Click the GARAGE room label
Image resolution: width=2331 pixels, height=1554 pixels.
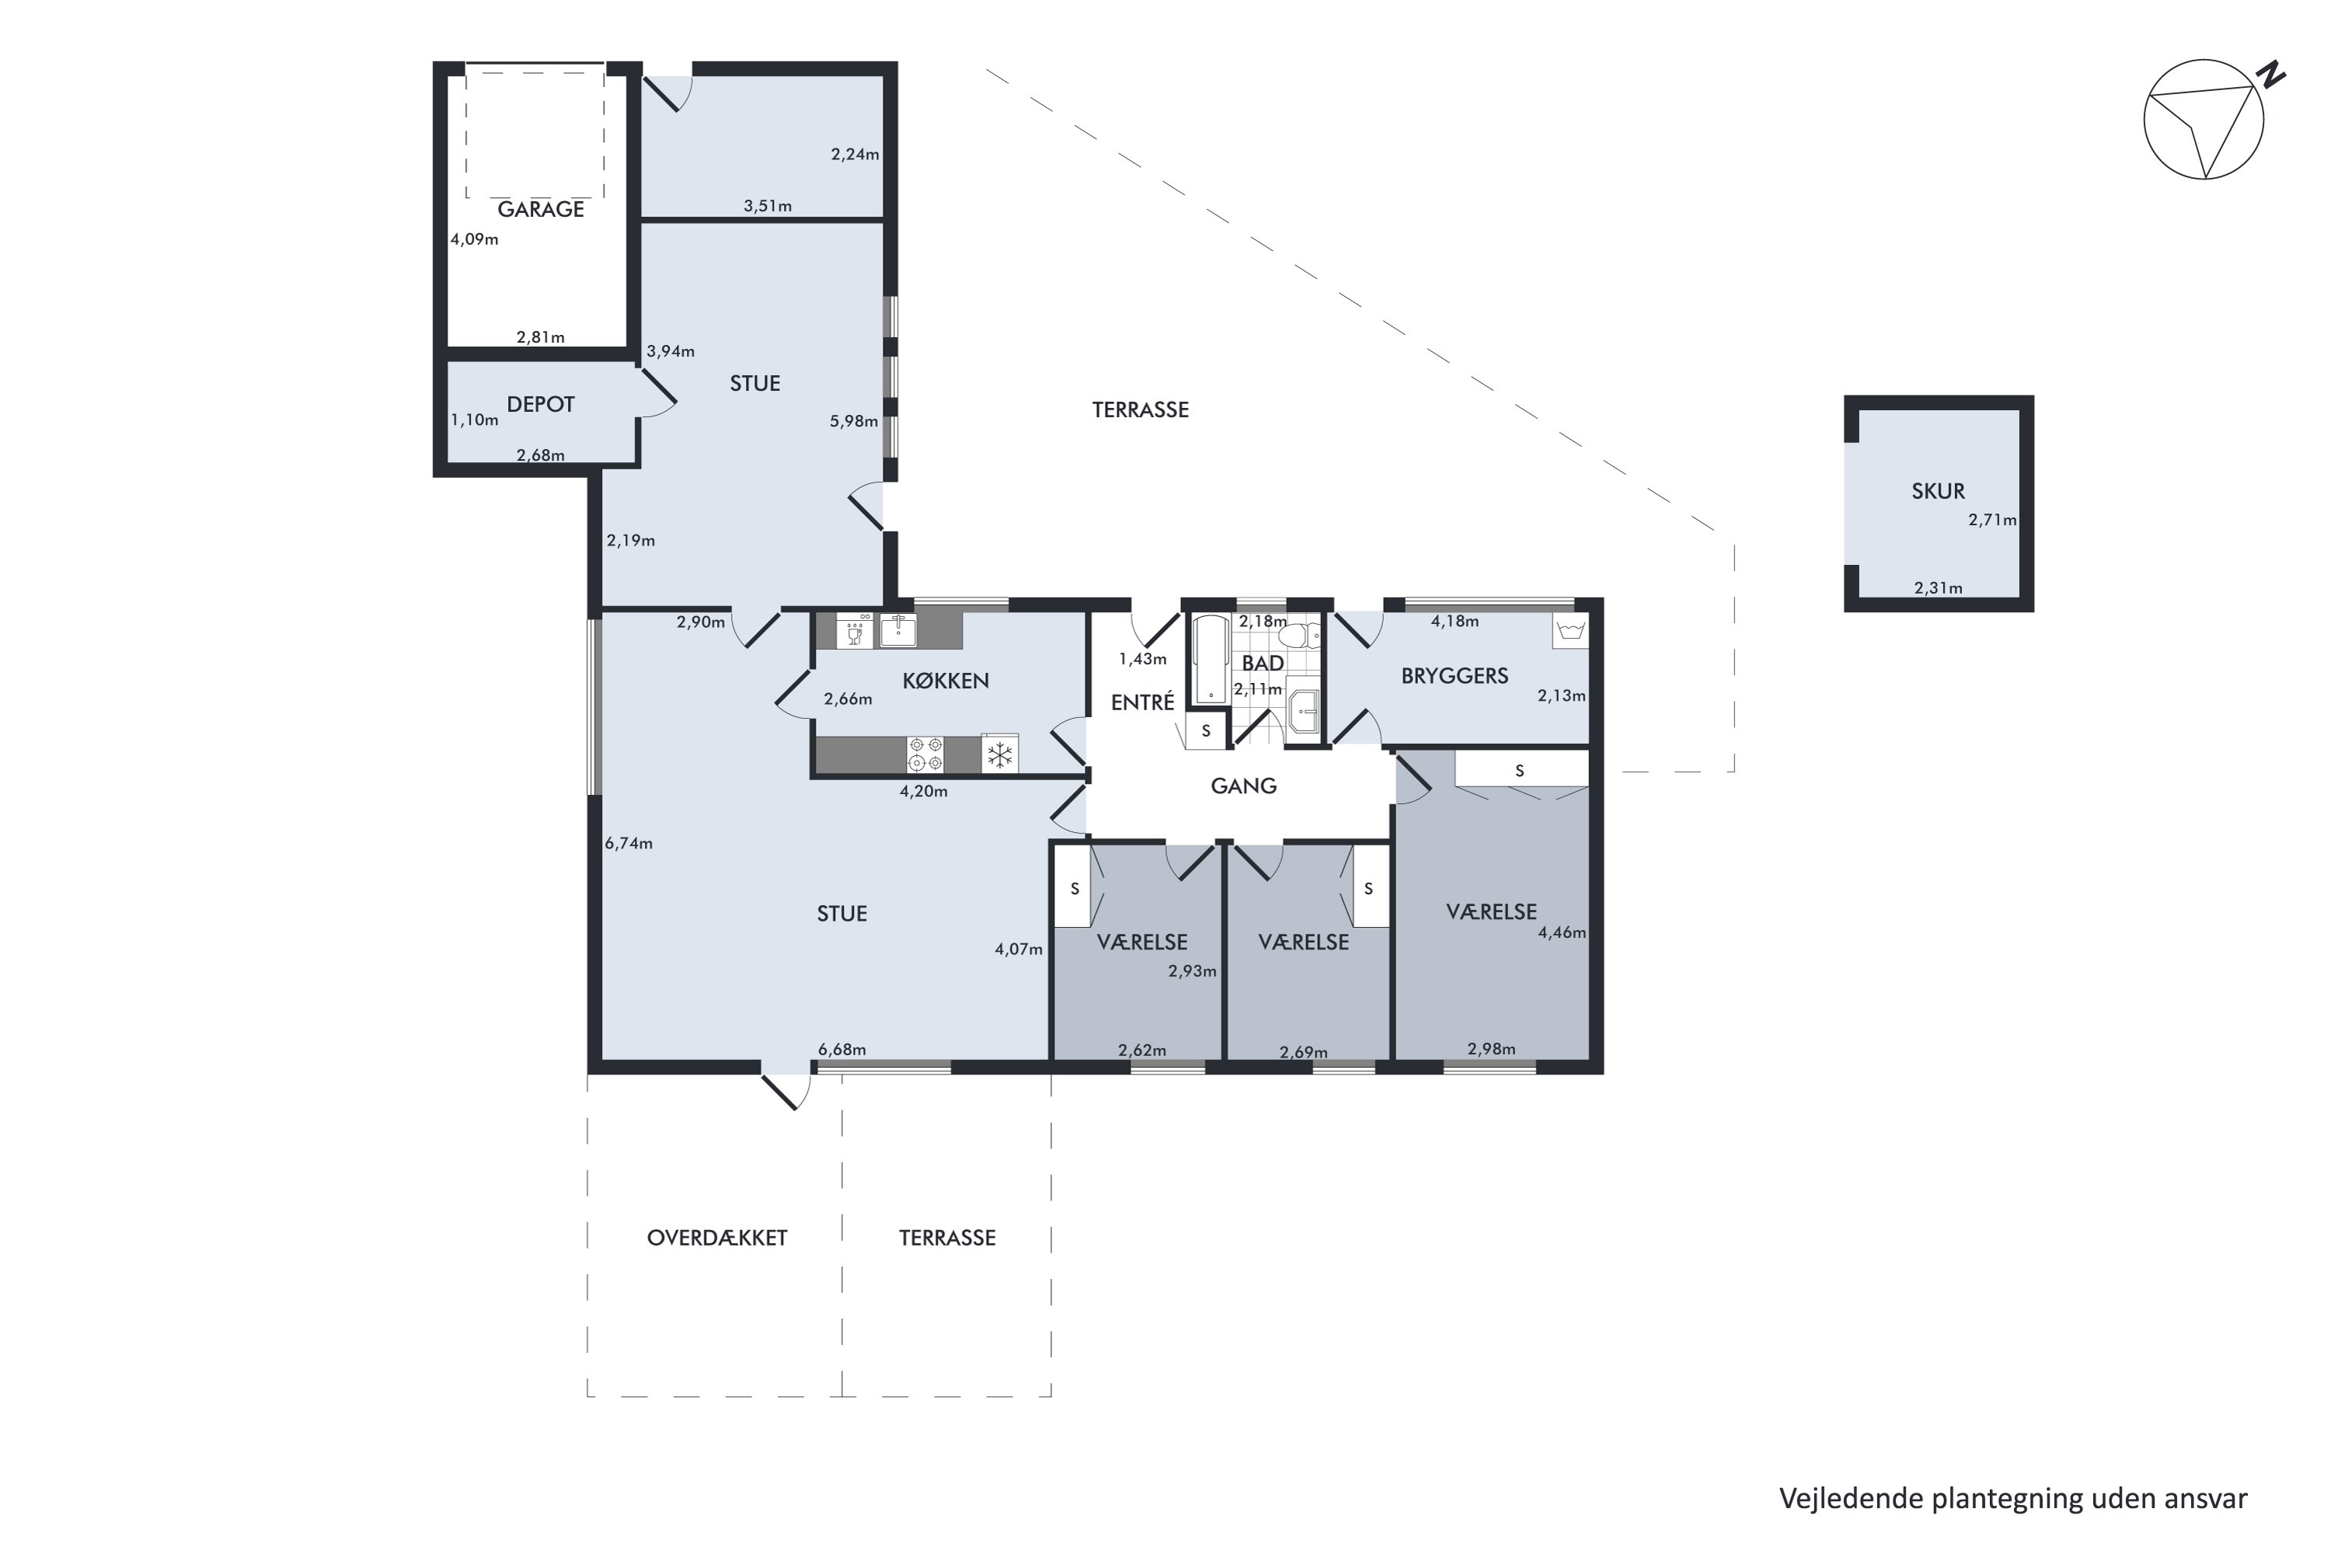pos(540,209)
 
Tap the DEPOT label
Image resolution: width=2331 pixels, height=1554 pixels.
pos(540,404)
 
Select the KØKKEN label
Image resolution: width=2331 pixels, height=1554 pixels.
pos(946,681)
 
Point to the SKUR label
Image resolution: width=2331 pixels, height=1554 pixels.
pos(1938,490)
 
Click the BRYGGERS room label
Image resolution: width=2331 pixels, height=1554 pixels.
pos(1454,676)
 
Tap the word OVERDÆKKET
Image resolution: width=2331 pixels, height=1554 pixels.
pos(716,1238)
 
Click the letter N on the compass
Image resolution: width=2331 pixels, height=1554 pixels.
pos(2270,75)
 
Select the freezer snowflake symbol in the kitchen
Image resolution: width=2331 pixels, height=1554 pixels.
pos(1000,755)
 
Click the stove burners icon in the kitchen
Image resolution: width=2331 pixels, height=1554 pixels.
pos(925,754)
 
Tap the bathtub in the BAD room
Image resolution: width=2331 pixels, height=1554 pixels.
pos(1210,660)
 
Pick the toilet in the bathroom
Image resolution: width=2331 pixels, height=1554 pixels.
pos(1299,634)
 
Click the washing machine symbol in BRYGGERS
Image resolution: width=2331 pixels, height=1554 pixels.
pos(1571,630)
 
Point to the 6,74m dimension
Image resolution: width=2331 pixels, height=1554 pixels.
pos(629,843)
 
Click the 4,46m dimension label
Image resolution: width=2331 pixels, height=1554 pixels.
pos(1561,932)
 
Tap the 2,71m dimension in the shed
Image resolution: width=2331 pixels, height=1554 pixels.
pos(1992,519)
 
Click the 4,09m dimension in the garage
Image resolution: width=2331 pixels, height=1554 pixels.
pos(474,239)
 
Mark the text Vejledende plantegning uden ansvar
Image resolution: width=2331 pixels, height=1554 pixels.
pos(2013,1499)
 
